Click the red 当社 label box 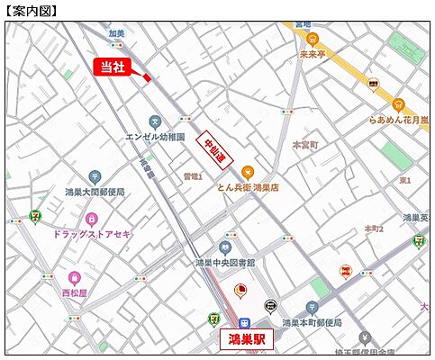click(111, 67)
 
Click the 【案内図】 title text click(31, 11)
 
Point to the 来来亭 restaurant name click(313, 53)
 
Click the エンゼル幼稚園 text click(155, 137)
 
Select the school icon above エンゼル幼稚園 click(155, 121)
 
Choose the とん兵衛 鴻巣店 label click(248, 187)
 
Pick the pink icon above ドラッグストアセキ click(91, 218)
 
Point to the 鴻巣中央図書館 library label click(225, 262)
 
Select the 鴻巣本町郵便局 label click(313, 321)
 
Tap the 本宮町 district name click(306, 143)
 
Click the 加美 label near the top click(116, 33)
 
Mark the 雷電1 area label click(192, 176)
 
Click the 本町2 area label click(374, 229)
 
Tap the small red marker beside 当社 click(146, 78)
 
